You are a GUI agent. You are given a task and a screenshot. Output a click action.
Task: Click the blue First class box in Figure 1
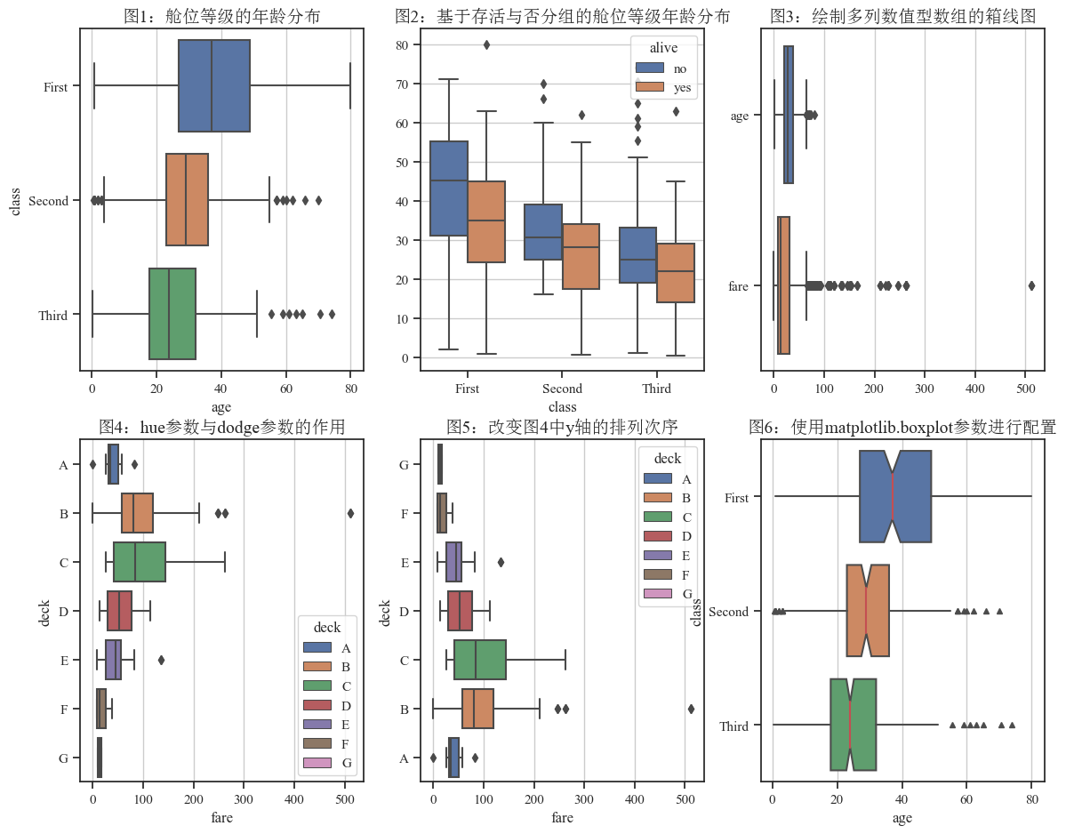214,85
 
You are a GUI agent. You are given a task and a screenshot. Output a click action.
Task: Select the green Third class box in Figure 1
172,314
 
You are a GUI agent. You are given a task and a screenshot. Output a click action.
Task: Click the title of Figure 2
563,16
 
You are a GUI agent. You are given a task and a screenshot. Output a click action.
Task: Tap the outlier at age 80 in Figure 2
487,44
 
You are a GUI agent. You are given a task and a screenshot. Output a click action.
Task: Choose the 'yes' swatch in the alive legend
650,87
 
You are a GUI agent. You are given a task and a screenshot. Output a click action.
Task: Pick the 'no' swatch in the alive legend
650,68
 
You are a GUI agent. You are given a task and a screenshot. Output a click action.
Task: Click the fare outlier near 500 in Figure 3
1031,285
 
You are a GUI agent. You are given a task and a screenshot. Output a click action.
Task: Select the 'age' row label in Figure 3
740,116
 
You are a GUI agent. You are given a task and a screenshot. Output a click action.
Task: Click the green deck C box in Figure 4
140,562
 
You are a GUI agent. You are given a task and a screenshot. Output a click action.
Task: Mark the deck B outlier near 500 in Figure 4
350,513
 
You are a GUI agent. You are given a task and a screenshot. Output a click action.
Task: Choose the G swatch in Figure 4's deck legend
317,763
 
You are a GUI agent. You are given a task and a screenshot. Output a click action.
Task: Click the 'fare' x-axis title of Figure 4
221,817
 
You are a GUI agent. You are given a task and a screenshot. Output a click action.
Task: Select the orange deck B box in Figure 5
478,709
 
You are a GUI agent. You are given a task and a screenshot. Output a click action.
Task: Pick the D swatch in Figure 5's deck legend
657,536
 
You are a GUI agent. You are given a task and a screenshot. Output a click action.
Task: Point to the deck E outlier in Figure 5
501,562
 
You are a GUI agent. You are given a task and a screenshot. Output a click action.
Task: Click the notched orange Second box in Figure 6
868,610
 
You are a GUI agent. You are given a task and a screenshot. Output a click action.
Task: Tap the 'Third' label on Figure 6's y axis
734,726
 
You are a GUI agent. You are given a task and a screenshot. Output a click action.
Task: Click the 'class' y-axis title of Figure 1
15,201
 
